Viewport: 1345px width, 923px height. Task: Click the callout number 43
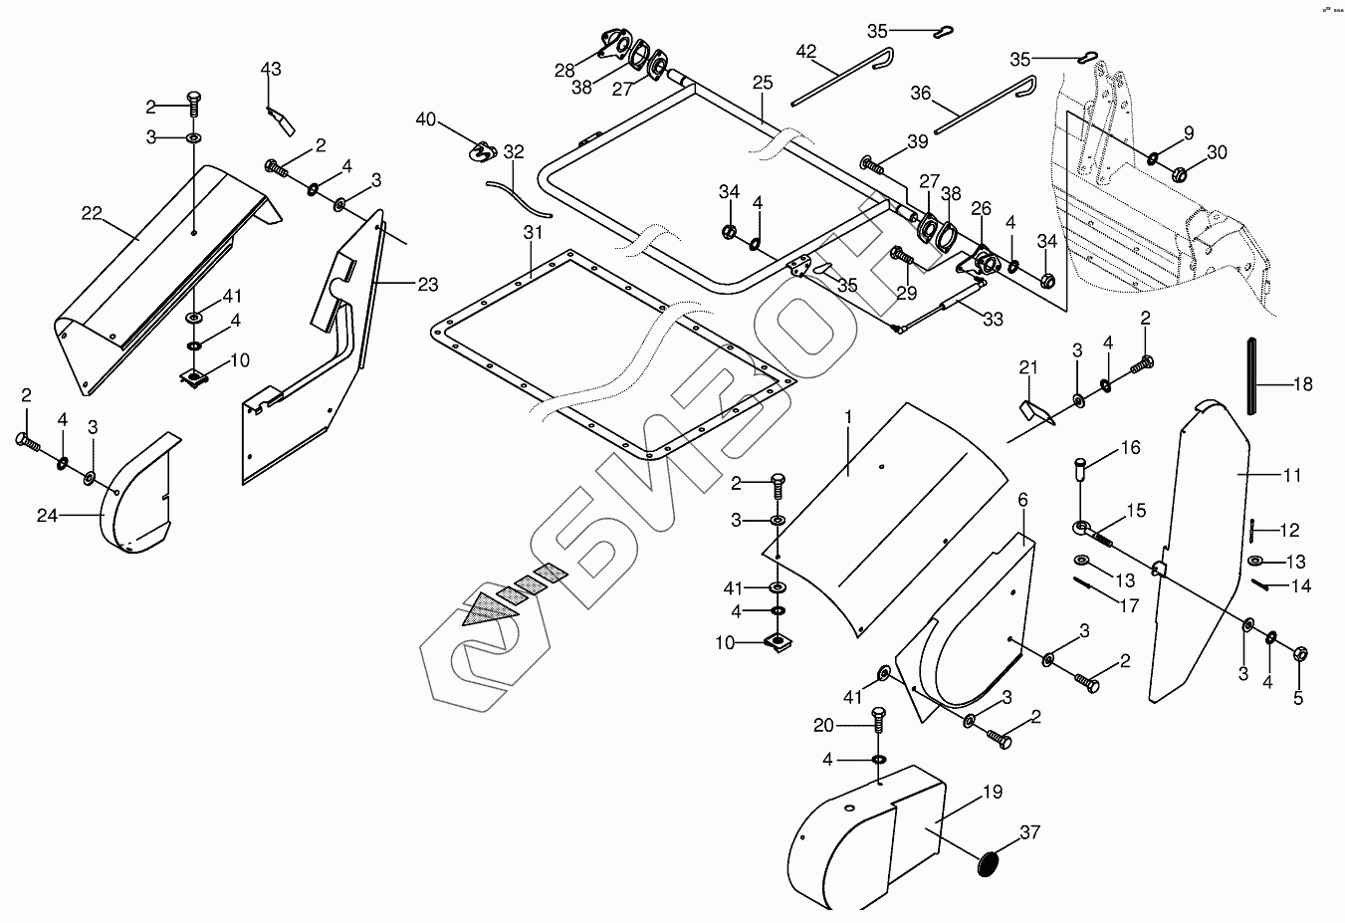pos(271,69)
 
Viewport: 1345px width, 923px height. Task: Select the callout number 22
pos(93,212)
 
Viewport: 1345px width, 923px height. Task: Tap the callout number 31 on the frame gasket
pos(533,233)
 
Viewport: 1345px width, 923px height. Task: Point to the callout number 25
pos(763,82)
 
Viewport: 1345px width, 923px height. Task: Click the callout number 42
pos(805,51)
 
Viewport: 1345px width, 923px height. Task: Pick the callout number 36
pos(921,93)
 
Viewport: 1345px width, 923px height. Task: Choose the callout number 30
pos(1218,152)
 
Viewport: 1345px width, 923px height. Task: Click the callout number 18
pos(1302,384)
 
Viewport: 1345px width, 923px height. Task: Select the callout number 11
pos(1291,476)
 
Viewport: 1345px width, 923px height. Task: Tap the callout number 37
pos(1029,832)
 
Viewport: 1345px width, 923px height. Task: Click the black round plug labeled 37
pos(988,863)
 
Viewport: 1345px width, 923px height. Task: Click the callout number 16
pos(1130,449)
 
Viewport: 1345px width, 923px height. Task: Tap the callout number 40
pos(426,119)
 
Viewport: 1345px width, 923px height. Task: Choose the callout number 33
pos(992,320)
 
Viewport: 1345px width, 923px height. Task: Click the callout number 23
pos(427,285)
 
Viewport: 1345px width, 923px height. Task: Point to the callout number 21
pos(1028,368)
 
